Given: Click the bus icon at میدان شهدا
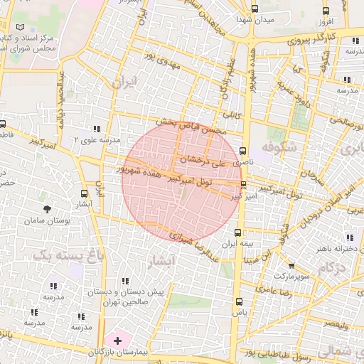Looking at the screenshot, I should click(255, 9).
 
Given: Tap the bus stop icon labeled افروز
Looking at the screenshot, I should click(326, 11).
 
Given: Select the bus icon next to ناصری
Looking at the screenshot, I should click(243, 151).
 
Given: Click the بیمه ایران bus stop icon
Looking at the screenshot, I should click(237, 232).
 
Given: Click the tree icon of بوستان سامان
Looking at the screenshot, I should click(47, 209).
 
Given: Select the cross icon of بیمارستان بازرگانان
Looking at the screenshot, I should click(117, 342).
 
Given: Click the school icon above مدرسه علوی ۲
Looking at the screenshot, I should click(96, 129).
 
